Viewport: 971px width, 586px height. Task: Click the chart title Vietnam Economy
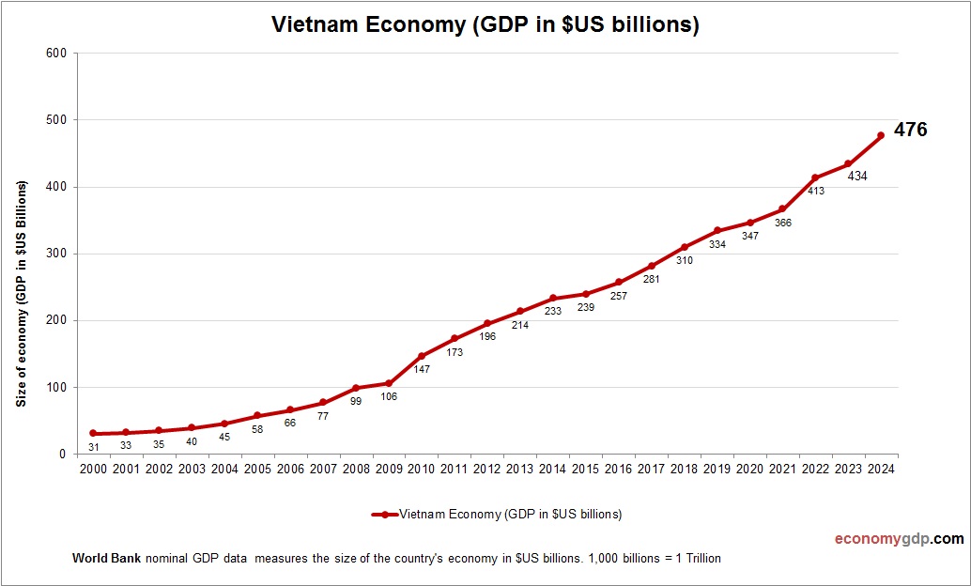[x=485, y=25]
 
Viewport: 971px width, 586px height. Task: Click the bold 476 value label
[x=910, y=131]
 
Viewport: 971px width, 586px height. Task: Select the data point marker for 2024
[x=881, y=135]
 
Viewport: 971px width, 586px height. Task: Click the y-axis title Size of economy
[x=21, y=293]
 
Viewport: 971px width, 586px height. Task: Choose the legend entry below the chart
[x=498, y=514]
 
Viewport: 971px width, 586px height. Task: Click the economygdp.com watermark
[x=899, y=539]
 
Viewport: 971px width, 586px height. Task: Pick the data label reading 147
[x=422, y=370]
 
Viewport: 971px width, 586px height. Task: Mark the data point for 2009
[x=389, y=383]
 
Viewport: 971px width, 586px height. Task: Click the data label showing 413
[x=815, y=191]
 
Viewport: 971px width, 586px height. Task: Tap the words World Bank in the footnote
[x=106, y=558]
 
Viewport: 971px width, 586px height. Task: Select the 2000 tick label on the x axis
[x=93, y=470]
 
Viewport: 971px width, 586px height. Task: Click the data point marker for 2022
[x=815, y=177]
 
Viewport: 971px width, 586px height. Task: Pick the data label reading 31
[x=93, y=446]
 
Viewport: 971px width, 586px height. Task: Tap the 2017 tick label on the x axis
[x=651, y=470]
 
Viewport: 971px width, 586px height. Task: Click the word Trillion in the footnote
[x=700, y=558]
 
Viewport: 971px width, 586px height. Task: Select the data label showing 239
[x=585, y=307]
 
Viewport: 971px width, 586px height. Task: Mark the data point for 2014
[x=552, y=298]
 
